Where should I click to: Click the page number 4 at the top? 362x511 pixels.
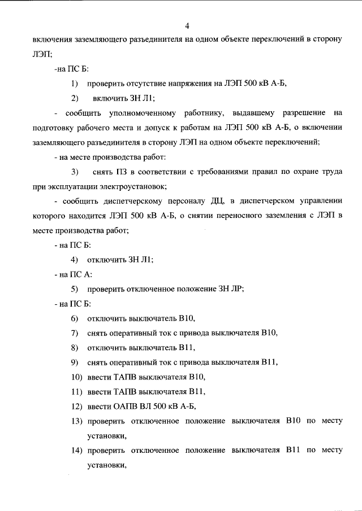pos(187,25)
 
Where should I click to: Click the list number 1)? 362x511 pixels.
pos(75,84)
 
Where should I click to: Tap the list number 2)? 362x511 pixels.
pos(75,98)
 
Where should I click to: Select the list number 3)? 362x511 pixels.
pos(75,171)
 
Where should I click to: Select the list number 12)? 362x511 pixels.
pos(76,406)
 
